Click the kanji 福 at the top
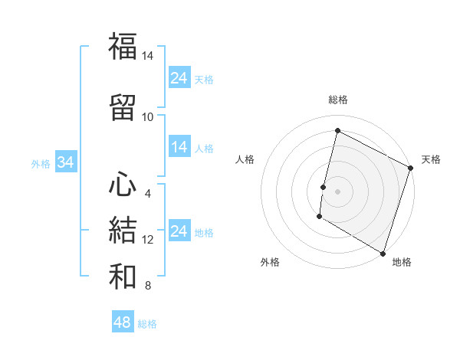pos(123,47)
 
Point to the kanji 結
pos(123,231)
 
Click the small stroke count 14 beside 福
pos(147,56)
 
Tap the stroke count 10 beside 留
pos(147,116)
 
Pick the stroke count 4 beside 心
pos(147,193)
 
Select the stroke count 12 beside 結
pos(147,240)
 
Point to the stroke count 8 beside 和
pos(147,286)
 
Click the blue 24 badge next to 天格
pos(179,77)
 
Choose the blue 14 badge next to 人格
pos(179,147)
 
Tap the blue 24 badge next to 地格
pos(179,231)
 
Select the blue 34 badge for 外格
pos(65,162)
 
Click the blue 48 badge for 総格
pos(123,322)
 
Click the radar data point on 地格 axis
pos(383,253)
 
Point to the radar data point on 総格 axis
pos(337,131)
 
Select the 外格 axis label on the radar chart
pos(270,262)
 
